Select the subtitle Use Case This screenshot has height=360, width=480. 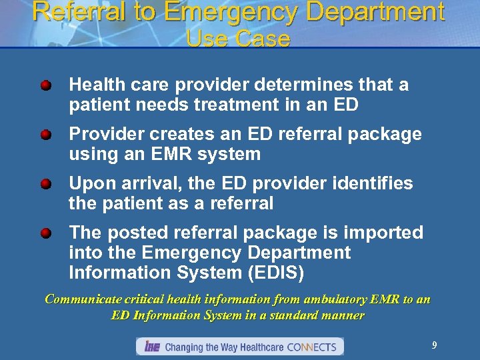(x=239, y=39)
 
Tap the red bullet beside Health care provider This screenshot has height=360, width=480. (x=45, y=85)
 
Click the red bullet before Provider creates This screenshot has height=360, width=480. (x=45, y=135)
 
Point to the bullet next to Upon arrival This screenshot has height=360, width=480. (x=45, y=184)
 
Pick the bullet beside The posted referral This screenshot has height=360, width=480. (x=45, y=233)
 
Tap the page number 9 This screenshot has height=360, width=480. (x=434, y=345)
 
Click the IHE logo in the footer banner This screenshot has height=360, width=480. (x=151, y=347)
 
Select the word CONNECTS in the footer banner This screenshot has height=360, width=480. (x=313, y=347)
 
